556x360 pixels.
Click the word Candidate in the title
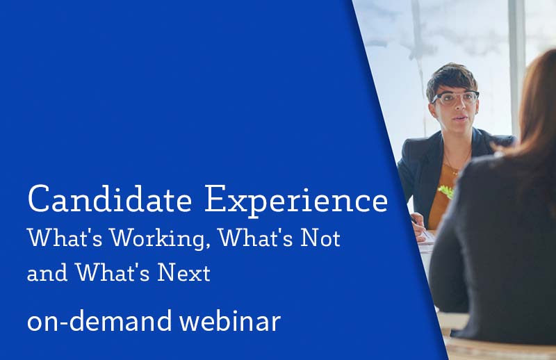110,199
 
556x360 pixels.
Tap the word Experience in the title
297,201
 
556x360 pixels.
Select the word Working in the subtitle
158,239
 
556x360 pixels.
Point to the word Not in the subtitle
320,238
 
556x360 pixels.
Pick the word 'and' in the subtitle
47,273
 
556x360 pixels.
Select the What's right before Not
255,238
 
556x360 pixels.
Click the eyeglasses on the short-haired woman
455,98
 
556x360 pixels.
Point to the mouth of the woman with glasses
459,117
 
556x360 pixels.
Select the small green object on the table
446,192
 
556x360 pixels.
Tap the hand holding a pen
419,227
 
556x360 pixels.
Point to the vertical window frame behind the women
516,67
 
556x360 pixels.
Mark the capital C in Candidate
38,199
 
